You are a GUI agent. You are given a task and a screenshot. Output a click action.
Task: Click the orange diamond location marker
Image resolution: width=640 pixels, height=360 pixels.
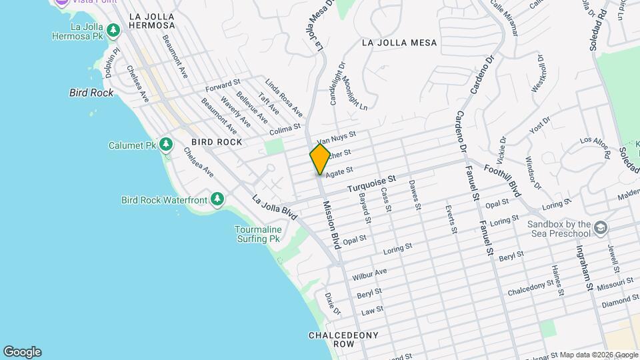[x=321, y=159]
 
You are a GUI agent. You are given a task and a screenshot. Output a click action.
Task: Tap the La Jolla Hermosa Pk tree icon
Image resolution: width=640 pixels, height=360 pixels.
[x=114, y=30]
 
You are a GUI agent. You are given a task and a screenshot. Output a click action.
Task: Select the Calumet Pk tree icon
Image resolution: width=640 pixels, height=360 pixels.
[x=165, y=145]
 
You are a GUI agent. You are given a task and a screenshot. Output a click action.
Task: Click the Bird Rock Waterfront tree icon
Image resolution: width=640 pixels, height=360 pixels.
[x=217, y=199]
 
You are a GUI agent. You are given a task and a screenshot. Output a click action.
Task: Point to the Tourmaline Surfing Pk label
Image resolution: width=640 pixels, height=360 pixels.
[x=258, y=234]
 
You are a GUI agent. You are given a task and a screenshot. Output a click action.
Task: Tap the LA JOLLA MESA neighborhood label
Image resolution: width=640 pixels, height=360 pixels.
[x=399, y=43]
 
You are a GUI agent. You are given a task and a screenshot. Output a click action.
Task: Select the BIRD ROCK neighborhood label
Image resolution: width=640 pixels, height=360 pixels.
[x=217, y=143]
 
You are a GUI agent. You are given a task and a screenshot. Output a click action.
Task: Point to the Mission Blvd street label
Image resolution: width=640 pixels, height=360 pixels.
[x=331, y=225]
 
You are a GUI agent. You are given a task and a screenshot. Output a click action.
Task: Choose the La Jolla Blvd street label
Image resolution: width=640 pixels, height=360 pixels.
[x=274, y=208]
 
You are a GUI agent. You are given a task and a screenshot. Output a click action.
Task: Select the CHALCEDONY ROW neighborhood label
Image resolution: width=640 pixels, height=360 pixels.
[x=343, y=339]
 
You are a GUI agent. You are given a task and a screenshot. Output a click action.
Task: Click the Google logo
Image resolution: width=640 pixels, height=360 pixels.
[x=22, y=352]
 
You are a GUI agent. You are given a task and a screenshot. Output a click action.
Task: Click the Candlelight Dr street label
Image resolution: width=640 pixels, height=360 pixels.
[x=335, y=83]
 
